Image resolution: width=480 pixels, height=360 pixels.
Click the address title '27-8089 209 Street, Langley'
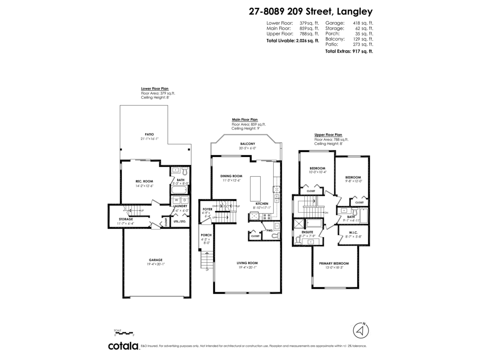pyautogui.click(x=311, y=12)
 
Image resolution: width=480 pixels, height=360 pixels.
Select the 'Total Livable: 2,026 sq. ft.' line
pyautogui.click(x=293, y=40)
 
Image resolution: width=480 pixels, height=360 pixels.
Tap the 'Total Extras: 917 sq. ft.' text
pyautogui.click(x=349, y=51)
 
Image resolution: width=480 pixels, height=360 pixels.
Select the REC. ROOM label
pyautogui.click(x=144, y=181)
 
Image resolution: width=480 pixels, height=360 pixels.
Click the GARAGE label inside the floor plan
pyautogui.click(x=156, y=260)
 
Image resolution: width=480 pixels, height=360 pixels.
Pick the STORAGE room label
pyautogui.click(x=125, y=219)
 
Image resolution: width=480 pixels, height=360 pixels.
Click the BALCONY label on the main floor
pyautogui.click(x=248, y=144)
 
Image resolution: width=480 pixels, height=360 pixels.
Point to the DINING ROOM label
pyautogui.click(x=232, y=176)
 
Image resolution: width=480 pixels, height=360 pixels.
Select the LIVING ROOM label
pyautogui.click(x=248, y=263)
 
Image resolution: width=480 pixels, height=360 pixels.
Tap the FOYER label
pyautogui.click(x=208, y=209)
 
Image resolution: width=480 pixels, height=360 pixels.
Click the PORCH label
pyautogui.click(x=206, y=235)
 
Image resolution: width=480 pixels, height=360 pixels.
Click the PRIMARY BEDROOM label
pyautogui.click(x=334, y=263)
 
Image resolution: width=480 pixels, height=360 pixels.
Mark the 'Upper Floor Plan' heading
pyautogui.click(x=328, y=135)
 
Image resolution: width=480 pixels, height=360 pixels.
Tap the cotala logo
pyautogui.click(x=123, y=346)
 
